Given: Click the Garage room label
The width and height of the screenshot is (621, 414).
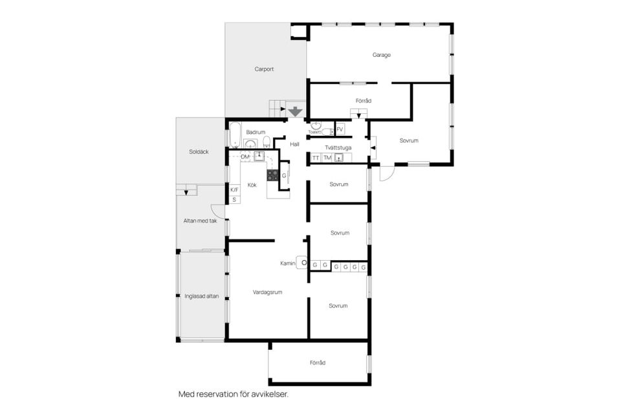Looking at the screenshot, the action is click(x=382, y=55).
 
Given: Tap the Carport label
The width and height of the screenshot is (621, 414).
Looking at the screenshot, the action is click(x=264, y=69).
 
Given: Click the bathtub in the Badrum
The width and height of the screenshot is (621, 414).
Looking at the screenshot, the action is click(x=235, y=135).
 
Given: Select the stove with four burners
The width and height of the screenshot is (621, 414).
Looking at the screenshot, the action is click(x=272, y=175).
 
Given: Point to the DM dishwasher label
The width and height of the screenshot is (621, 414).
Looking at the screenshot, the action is click(x=245, y=157).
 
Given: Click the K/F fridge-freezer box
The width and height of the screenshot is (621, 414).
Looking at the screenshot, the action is click(x=234, y=190).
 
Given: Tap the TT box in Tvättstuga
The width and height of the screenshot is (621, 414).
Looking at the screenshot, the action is click(x=316, y=158).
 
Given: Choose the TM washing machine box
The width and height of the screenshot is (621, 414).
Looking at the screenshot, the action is click(x=327, y=158).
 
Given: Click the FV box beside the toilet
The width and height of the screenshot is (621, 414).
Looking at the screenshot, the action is click(x=340, y=129).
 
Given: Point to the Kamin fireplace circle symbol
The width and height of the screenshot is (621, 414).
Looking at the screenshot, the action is click(x=304, y=263).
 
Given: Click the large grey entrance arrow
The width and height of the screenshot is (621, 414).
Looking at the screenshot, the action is click(x=295, y=112).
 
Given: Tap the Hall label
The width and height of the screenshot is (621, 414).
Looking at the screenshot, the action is click(x=295, y=144).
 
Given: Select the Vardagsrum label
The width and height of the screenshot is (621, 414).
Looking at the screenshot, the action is click(x=268, y=292).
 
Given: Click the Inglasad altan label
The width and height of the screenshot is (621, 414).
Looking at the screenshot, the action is click(x=202, y=296).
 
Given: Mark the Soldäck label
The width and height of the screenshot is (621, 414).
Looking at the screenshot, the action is click(x=199, y=152).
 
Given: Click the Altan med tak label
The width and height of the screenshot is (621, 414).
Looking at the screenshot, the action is click(x=201, y=221).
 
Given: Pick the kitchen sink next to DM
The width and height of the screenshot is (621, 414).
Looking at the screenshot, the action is click(x=259, y=156).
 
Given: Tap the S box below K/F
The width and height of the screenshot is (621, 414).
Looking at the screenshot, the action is click(x=234, y=200).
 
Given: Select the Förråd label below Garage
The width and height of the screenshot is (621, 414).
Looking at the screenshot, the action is click(x=364, y=101).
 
